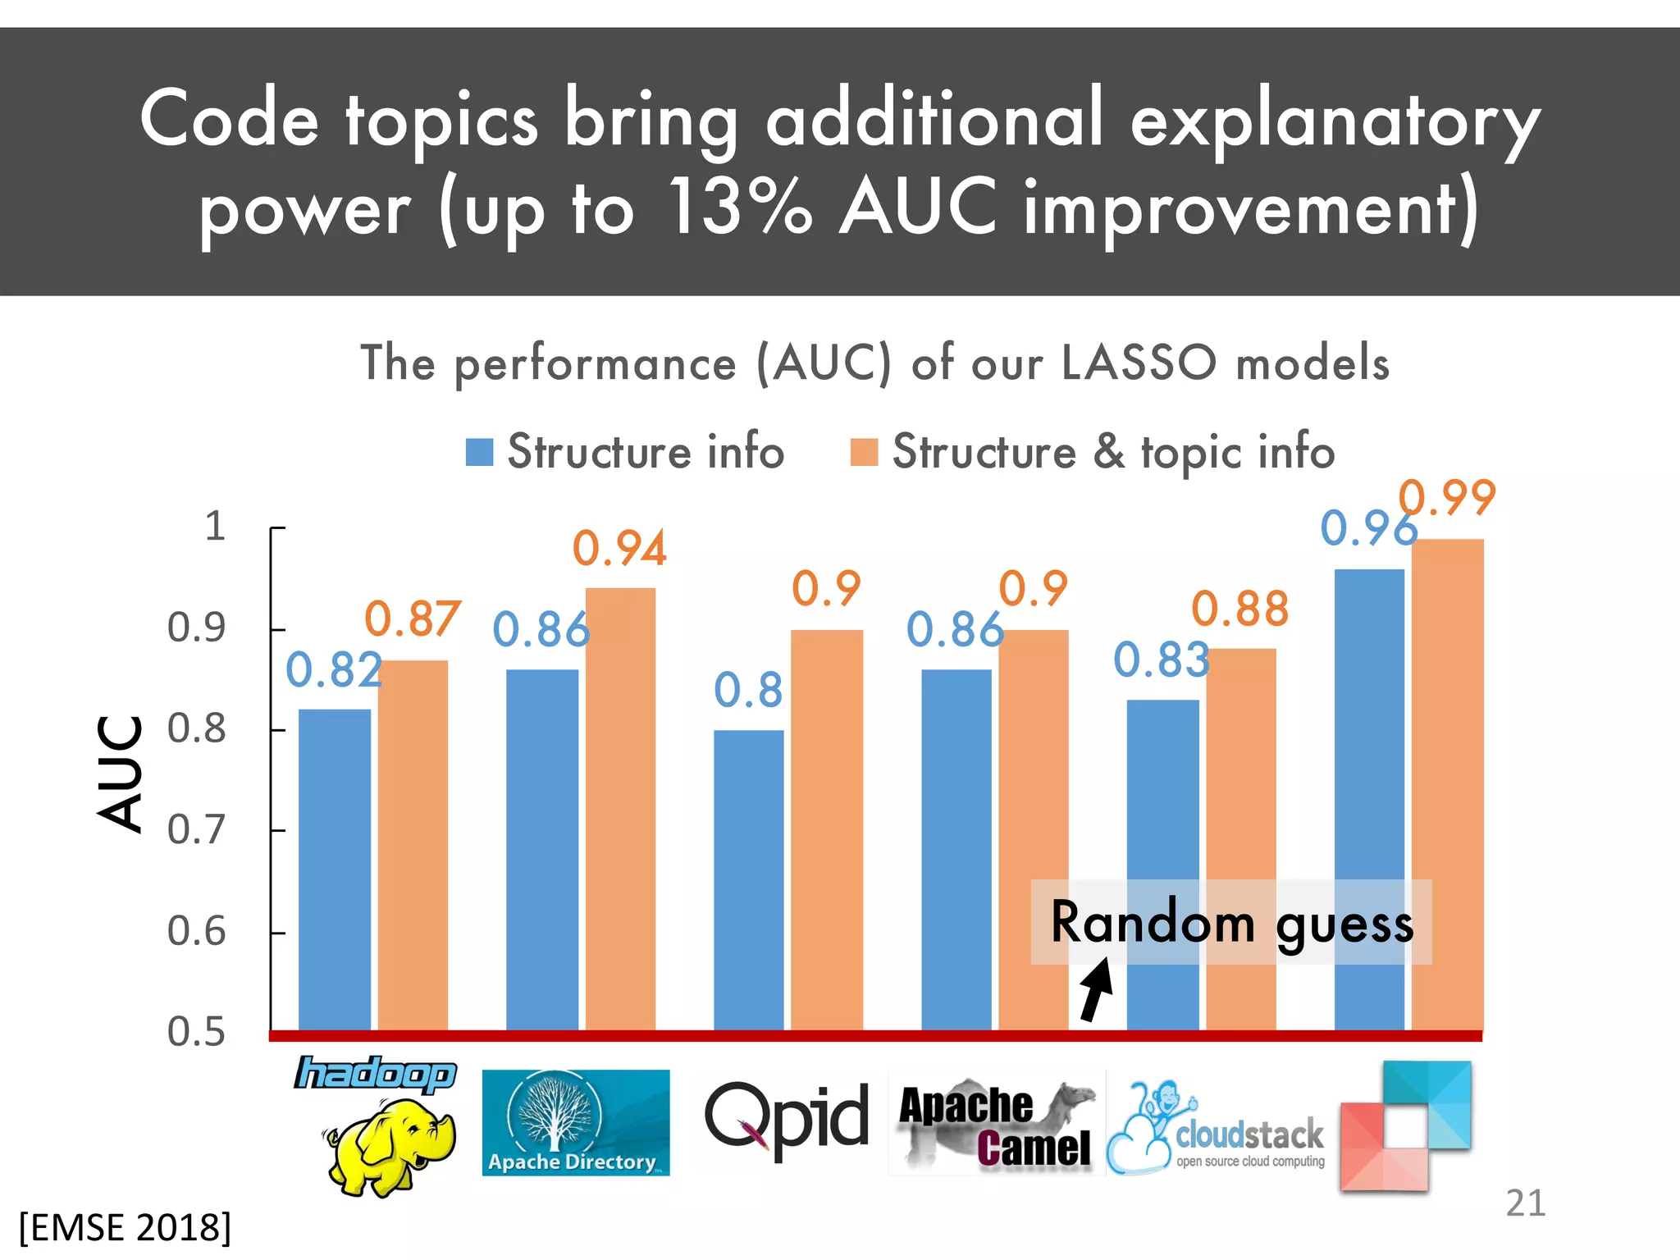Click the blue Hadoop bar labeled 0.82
334,870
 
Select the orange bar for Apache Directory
620,808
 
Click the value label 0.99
1448,498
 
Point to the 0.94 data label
619,549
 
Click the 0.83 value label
1161,660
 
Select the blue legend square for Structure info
479,452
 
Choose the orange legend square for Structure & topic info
864,452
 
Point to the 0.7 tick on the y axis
196,830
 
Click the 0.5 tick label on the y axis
196,1032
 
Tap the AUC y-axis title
120,774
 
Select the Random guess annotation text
1232,923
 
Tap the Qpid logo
786,1119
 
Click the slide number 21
1525,1203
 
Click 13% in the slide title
738,207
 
